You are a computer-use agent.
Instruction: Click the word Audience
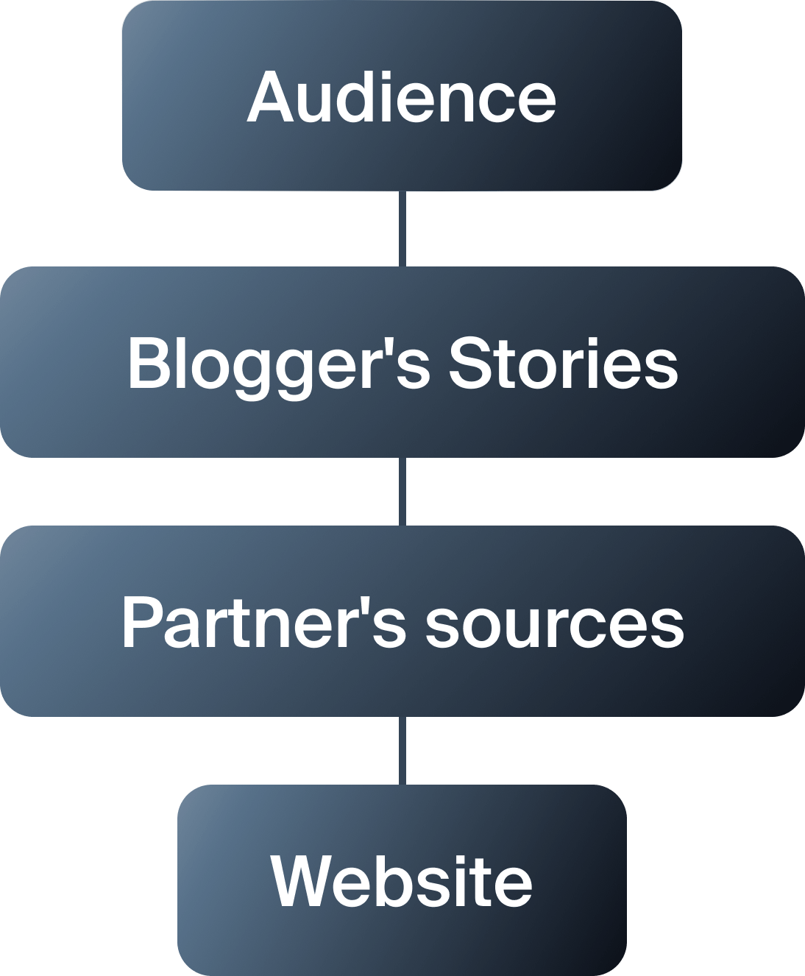coord(401,96)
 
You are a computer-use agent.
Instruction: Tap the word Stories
coord(563,363)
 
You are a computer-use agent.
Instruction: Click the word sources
coord(554,624)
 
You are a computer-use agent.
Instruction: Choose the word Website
coord(401,880)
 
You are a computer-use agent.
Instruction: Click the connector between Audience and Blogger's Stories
coord(402,229)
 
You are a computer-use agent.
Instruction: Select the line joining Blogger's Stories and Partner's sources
coord(402,491)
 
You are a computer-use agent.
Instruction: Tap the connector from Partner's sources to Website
coord(402,750)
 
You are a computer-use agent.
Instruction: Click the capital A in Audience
coord(272,96)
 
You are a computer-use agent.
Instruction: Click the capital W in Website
coord(302,880)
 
